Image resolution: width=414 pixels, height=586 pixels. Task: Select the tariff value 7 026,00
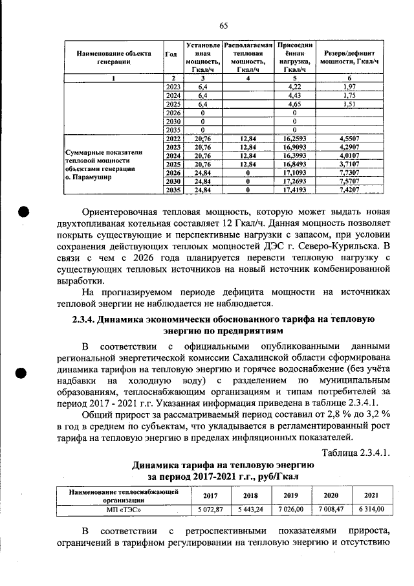pos(287,508)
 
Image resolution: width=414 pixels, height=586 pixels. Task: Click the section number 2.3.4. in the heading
pos(87,320)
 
